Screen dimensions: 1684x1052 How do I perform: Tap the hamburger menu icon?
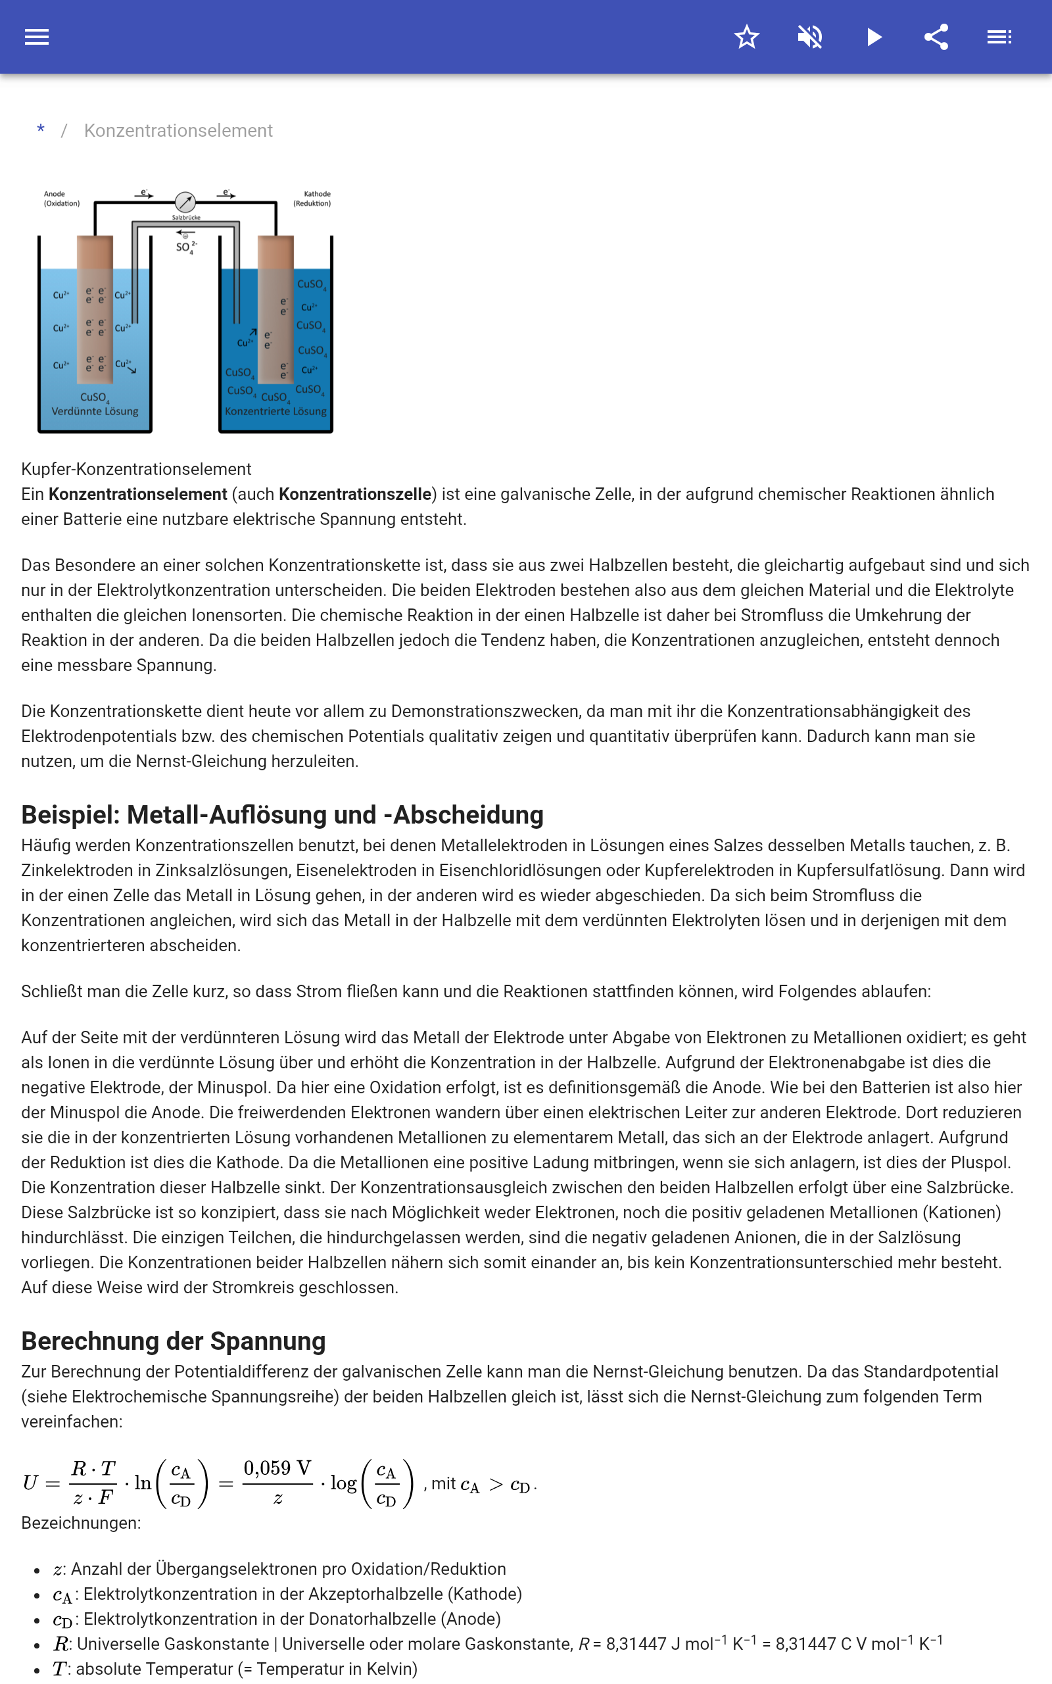[37, 37]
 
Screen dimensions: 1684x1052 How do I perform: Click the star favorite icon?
[746, 37]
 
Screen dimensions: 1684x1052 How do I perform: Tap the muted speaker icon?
[810, 37]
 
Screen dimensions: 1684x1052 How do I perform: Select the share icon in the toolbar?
[936, 37]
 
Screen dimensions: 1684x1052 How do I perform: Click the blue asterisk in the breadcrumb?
[41, 130]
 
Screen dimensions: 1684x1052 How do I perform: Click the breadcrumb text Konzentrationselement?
[178, 131]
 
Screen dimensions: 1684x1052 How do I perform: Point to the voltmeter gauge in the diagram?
[185, 202]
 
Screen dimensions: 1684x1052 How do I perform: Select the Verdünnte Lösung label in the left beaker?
[95, 411]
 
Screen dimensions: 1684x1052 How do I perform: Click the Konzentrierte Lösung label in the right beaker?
[275, 411]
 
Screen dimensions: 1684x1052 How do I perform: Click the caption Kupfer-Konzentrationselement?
[135, 469]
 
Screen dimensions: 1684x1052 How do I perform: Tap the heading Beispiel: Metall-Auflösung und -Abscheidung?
[282, 815]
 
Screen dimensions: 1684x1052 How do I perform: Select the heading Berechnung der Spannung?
[173, 1341]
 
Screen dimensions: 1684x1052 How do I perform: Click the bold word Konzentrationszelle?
[355, 494]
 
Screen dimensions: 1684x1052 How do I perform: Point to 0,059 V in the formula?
[277, 1468]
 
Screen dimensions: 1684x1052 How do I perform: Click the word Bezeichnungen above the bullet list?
[81, 1523]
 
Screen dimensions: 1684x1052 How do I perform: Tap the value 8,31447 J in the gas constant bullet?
[644, 1645]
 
